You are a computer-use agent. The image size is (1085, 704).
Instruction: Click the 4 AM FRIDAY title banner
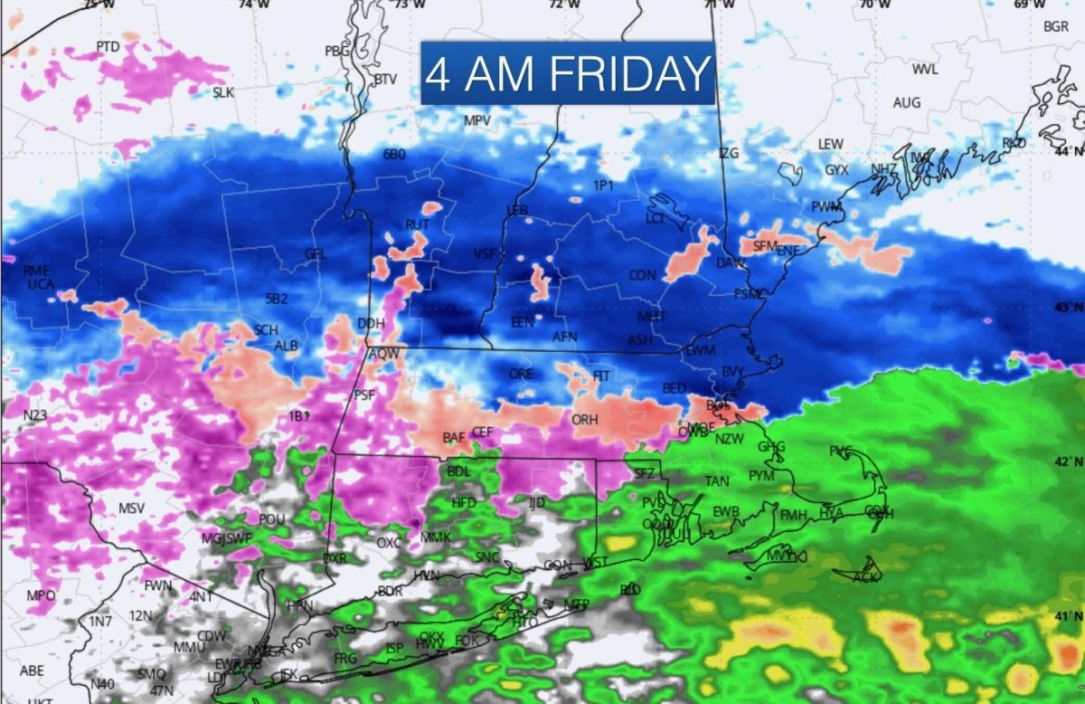(x=568, y=74)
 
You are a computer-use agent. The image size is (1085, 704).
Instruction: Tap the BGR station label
(x=1056, y=26)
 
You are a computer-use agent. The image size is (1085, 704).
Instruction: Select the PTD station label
(x=108, y=46)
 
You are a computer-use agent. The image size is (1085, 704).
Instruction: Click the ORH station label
(x=585, y=420)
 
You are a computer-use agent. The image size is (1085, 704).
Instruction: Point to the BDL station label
(x=459, y=471)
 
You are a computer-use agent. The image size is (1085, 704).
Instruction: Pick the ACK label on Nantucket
(x=865, y=576)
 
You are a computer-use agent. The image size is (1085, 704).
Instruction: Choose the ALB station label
(x=286, y=346)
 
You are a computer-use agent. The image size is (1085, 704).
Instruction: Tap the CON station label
(x=643, y=275)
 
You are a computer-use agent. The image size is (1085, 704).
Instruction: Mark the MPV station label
(x=477, y=121)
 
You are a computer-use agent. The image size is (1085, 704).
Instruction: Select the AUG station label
(x=907, y=103)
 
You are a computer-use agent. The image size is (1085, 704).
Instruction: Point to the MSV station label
(x=131, y=509)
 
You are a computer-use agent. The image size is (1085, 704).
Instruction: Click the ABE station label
(x=32, y=671)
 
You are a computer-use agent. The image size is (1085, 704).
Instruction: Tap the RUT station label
(x=417, y=224)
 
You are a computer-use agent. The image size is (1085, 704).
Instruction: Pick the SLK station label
(x=222, y=92)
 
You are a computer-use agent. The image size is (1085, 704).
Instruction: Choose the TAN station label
(x=717, y=481)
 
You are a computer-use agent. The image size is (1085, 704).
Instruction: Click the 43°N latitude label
(x=1071, y=308)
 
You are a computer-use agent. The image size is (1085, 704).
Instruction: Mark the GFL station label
(x=315, y=253)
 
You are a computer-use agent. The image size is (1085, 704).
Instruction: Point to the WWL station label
(x=925, y=70)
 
